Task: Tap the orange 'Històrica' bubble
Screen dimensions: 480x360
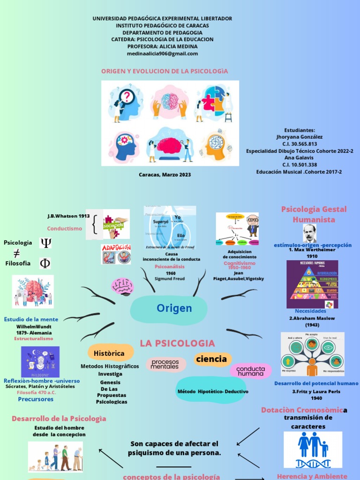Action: tap(108, 353)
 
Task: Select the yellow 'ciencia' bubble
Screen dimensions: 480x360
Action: tap(211, 359)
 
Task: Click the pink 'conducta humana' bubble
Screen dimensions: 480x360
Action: tap(250, 371)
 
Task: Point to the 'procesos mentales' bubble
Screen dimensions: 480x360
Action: tap(165, 364)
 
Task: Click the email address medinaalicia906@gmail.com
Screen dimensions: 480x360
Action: tap(162, 53)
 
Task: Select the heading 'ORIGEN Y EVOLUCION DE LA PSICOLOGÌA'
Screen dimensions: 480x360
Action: tap(165, 71)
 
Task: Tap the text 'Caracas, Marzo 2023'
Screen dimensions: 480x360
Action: tap(165, 174)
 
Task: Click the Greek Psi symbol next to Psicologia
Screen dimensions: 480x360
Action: tap(45, 243)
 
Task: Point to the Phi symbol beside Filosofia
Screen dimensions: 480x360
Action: tap(45, 263)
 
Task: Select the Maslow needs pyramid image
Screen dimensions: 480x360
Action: tap(312, 284)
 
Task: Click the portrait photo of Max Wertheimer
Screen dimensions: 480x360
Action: tap(309, 233)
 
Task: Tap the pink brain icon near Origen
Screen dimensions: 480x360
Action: tap(122, 286)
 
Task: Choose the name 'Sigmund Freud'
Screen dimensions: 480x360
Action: tap(169, 278)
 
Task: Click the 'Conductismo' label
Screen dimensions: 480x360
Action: tap(64, 228)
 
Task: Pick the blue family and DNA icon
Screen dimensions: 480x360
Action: tap(313, 450)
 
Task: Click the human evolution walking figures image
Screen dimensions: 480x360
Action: tap(55, 457)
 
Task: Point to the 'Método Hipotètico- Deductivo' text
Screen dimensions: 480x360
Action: tap(213, 391)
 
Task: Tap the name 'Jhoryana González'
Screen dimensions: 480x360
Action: tap(300, 137)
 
